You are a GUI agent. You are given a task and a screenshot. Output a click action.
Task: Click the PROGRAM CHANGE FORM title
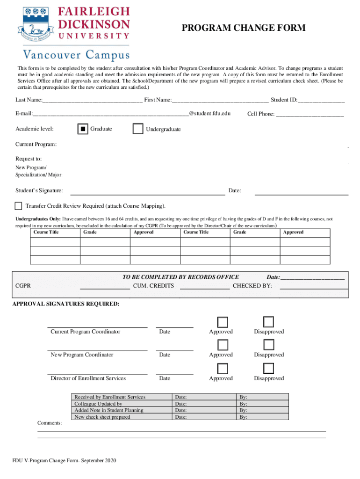tap(244, 28)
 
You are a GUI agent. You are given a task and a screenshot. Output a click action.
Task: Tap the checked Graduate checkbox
tap(82, 129)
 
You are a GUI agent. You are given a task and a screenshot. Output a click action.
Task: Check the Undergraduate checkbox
tap(138, 129)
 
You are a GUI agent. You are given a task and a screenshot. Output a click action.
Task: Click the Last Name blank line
tap(92, 100)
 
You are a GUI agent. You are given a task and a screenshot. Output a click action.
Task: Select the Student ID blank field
tap(321, 100)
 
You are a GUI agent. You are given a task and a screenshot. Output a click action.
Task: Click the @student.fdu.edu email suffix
tap(209, 113)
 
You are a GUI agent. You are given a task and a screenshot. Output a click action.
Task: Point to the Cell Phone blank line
tap(310, 114)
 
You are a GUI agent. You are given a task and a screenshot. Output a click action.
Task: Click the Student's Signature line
tap(147, 191)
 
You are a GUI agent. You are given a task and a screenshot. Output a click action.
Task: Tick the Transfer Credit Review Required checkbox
tap(18, 206)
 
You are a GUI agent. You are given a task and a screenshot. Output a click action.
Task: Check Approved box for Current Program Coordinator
tap(223, 322)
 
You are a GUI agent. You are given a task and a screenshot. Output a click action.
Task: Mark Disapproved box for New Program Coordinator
tap(268, 345)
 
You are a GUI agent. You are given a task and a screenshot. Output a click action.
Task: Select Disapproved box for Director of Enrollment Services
tap(268, 368)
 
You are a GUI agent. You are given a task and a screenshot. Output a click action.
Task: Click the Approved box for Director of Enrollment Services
tap(223, 368)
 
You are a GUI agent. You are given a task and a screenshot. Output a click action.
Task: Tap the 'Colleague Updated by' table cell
tap(98, 404)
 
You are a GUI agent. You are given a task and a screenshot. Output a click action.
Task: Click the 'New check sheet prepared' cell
tap(102, 417)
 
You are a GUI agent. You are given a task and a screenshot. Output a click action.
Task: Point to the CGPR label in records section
tap(23, 286)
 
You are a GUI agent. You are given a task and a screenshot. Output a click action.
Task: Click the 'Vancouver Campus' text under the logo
tap(74, 56)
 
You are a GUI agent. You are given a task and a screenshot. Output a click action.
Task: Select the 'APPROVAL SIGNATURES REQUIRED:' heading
tap(65, 304)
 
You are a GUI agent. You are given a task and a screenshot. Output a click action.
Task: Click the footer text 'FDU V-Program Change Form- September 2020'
tap(64, 461)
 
